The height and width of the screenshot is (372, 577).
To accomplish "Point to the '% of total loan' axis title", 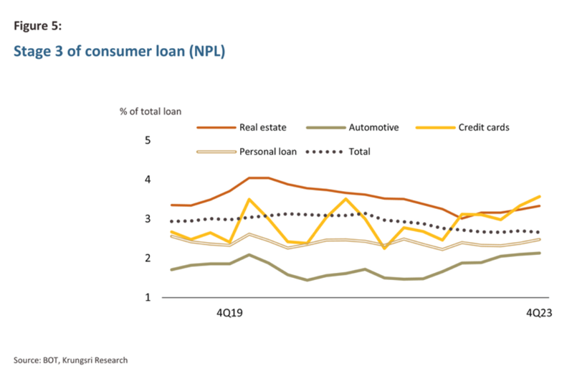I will point(151,111).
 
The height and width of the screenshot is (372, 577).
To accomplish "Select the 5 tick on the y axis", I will point(148,140).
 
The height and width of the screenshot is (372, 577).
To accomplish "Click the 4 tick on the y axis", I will point(148,180).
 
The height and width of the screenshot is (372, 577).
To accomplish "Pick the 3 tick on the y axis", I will point(148,219).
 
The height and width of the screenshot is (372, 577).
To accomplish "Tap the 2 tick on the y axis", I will point(148,259).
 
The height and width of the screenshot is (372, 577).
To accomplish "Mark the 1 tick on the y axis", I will point(148,297).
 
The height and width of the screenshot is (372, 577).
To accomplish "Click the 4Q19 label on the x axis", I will point(230,313).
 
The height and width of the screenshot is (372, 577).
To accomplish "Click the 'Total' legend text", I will point(359,152).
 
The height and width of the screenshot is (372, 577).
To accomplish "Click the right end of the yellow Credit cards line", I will point(539,196).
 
